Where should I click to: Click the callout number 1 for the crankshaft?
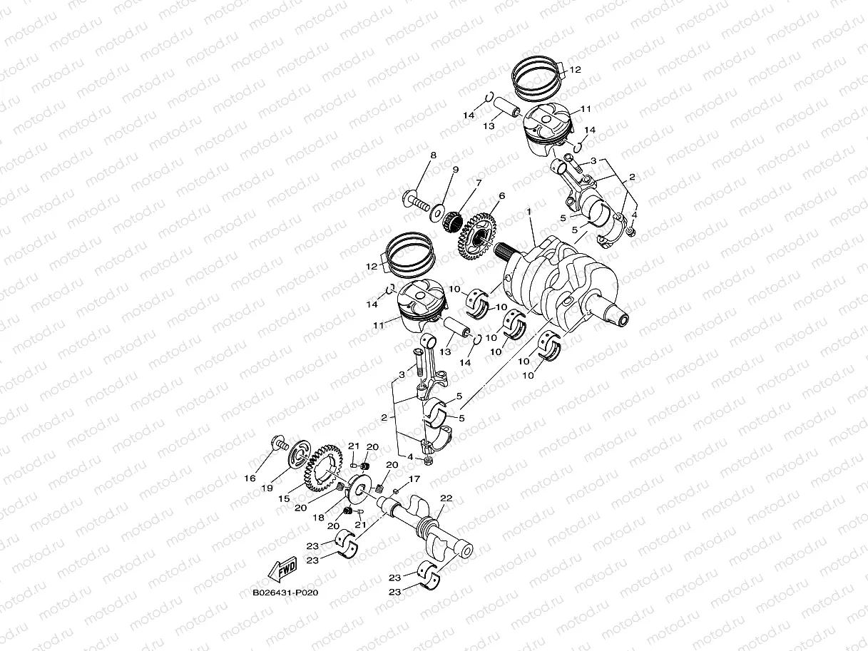[x=529, y=212]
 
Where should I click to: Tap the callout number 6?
[x=501, y=195]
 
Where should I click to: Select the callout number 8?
[x=433, y=155]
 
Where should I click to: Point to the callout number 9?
[x=455, y=169]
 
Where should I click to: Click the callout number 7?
[x=478, y=183]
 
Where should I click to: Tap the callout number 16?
[x=250, y=478]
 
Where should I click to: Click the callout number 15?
[x=284, y=499]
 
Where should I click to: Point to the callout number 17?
[x=414, y=479]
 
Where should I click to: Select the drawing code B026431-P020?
[x=285, y=593]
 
